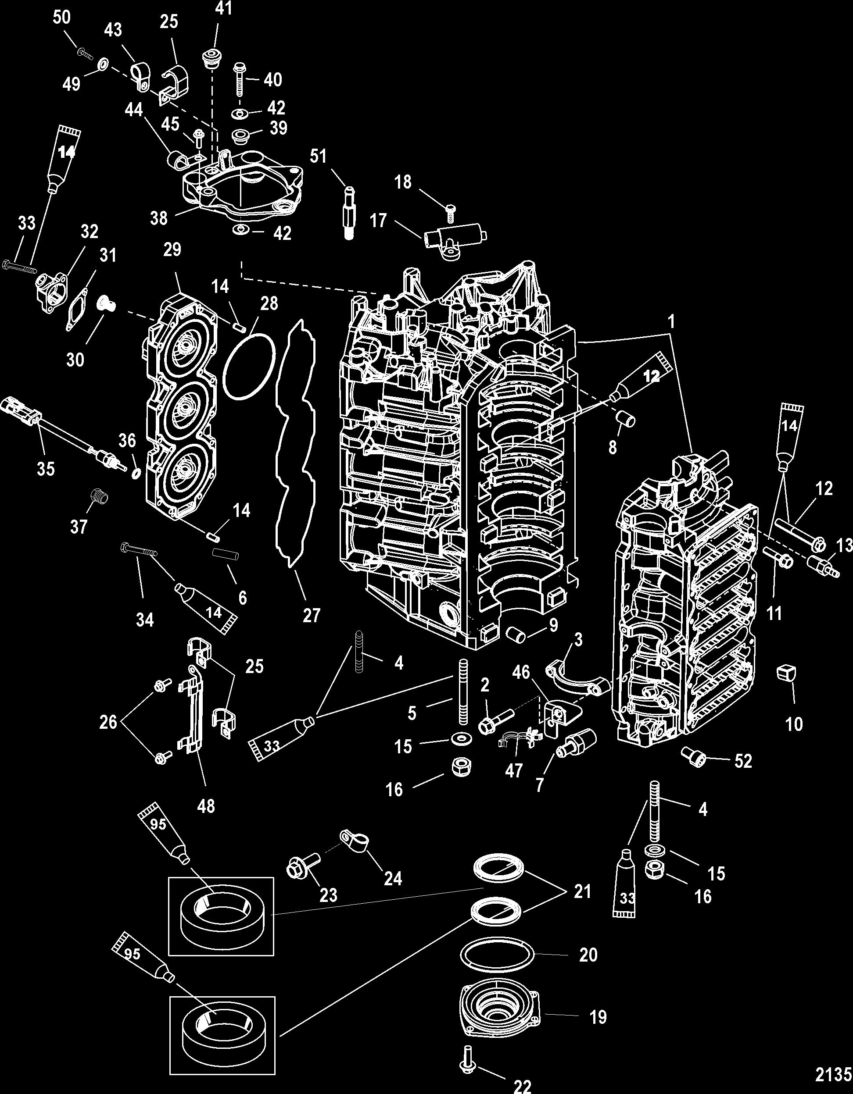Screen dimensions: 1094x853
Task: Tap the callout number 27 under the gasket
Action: pos(311,615)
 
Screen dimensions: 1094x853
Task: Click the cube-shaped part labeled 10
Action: pos(785,673)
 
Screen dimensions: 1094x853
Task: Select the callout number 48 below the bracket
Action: pos(206,806)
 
